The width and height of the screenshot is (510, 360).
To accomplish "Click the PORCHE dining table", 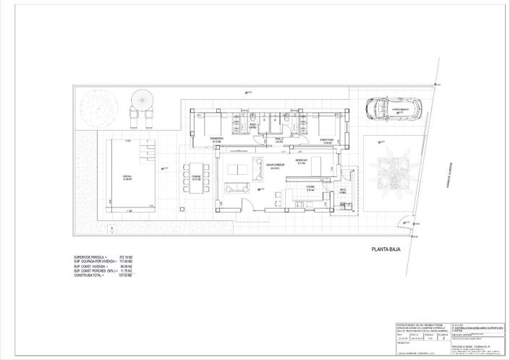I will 196,179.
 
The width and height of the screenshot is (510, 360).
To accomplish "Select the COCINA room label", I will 310,187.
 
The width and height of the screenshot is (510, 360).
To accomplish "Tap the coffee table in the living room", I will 236,170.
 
